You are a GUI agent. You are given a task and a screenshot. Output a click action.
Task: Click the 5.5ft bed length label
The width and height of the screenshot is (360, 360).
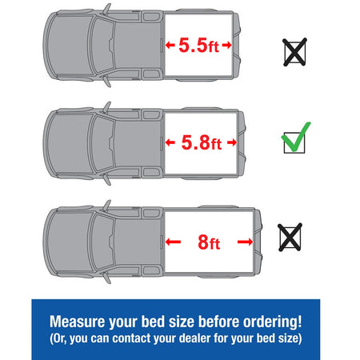(x=199, y=45)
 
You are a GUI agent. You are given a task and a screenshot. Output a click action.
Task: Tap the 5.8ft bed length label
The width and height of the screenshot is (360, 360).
(x=202, y=142)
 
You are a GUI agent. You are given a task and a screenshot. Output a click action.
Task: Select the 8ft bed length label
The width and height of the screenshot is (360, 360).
(x=209, y=242)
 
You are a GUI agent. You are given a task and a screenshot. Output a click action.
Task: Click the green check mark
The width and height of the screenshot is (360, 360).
(x=295, y=137)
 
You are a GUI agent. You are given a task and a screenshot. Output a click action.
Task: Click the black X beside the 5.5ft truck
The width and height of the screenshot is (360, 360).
(x=294, y=52)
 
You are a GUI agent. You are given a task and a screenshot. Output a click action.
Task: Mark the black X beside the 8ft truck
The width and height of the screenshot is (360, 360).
(x=290, y=237)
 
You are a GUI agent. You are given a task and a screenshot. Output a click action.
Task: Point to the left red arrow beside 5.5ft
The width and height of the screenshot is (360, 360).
(x=170, y=45)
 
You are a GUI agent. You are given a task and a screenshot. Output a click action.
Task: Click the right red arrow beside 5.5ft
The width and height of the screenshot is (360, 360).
(x=226, y=45)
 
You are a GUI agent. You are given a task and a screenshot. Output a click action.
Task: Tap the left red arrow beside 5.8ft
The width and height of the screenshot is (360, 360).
(x=170, y=142)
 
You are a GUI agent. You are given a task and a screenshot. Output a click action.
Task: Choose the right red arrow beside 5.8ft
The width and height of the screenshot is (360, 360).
(x=232, y=142)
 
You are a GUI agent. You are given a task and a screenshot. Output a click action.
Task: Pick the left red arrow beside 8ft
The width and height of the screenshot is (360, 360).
(x=173, y=242)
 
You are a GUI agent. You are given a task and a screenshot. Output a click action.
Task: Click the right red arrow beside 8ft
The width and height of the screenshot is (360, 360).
(x=245, y=242)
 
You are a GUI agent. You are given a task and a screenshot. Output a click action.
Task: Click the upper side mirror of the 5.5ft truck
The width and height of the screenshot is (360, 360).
(x=107, y=9)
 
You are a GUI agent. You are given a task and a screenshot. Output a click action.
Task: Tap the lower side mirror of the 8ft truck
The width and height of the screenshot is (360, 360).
(x=107, y=278)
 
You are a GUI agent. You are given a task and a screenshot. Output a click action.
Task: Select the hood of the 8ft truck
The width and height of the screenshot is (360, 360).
(x=69, y=242)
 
